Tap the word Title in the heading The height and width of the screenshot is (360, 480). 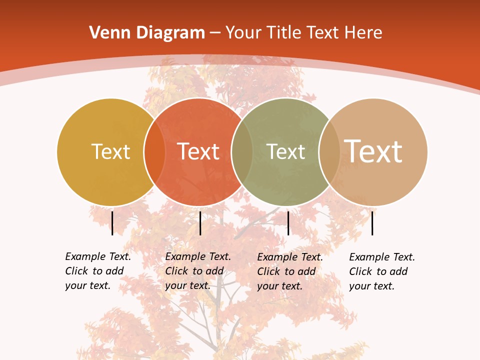pos(284,33)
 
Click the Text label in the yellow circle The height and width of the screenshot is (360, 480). pos(110,151)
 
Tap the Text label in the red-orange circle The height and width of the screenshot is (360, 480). pos(198,151)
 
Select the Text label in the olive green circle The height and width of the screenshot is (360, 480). pos(286,151)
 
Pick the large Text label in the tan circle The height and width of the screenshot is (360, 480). pos(373,151)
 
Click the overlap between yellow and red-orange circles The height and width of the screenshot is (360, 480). pos(154,152)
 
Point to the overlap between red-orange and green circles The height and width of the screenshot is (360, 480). pos(242,152)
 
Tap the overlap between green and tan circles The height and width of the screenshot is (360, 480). pos(329,152)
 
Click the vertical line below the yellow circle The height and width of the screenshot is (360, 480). pos(112,223)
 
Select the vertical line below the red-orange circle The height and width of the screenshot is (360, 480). pos(200,223)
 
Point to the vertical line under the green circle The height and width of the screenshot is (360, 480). pos(288,223)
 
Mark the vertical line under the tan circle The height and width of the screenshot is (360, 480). pos(372,223)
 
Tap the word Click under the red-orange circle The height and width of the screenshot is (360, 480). pos(176,271)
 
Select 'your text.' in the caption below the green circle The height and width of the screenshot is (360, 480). pos(280,286)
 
